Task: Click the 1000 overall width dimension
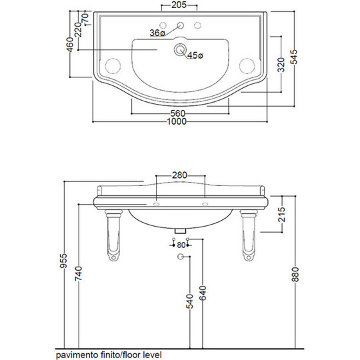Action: point(177,121)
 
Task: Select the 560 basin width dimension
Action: point(178,113)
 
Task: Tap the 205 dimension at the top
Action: point(179,5)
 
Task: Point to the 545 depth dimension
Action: point(294,57)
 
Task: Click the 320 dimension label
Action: point(281,65)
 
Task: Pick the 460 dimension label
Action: point(70,45)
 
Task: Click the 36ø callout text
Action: point(157,33)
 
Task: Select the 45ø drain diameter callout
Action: point(195,55)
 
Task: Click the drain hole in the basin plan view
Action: point(180,49)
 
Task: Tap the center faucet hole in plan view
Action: point(181,25)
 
